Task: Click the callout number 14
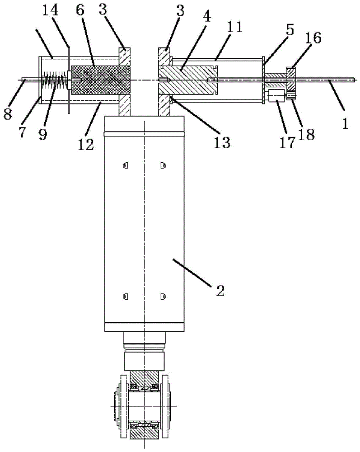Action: pos(50,10)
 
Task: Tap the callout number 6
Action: pos(80,10)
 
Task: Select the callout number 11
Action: pos(234,27)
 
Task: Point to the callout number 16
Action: pos(313,38)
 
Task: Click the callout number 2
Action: pos(220,291)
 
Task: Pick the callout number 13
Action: pos(222,142)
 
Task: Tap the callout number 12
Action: pos(86,145)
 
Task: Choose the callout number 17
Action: pos(288,142)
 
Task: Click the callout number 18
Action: pos(307,134)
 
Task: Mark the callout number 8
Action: pos(8,114)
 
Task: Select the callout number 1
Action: pos(345,123)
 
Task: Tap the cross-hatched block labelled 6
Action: pos(100,80)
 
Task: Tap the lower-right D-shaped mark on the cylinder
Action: pos(163,297)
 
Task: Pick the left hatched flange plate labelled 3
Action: pos(124,82)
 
